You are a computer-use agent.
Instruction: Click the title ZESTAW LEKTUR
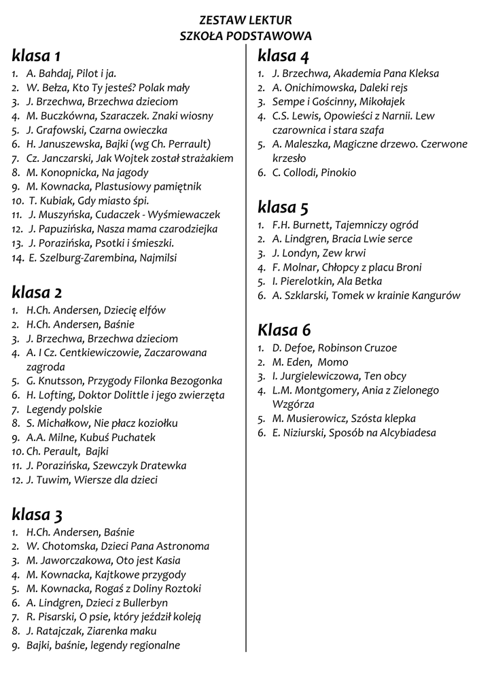pos(245,21)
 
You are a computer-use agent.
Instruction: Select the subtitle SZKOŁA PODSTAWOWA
pos(245,36)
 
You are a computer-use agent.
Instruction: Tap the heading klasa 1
pos(36,54)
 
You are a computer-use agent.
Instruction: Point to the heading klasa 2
pos(37,293)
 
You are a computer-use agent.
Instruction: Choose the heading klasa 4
pos(283,55)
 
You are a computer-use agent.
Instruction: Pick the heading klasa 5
pos(283,207)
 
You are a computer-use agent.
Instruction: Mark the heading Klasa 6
pos(284,330)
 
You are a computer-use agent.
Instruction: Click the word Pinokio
pos(338,173)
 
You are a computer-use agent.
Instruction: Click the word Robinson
pos(342,348)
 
